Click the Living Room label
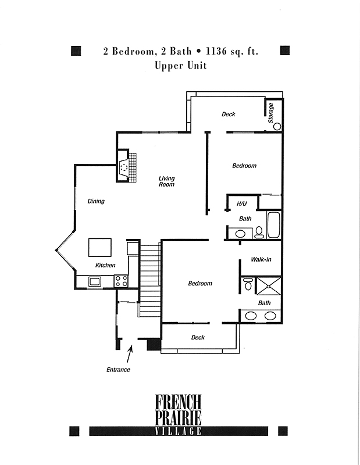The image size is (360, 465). click(166, 181)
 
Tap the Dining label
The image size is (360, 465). click(96, 201)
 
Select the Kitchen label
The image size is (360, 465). click(105, 265)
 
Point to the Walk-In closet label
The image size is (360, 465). click(261, 259)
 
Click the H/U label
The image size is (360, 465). click(242, 204)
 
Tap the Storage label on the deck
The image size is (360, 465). click(270, 113)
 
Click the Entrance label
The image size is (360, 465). click(118, 370)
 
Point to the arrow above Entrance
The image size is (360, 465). click(129, 354)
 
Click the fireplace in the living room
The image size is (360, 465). click(127, 166)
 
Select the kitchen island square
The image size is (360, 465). click(100, 248)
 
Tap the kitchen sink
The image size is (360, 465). click(94, 281)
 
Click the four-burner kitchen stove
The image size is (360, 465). click(121, 281)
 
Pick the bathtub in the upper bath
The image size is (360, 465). click(274, 225)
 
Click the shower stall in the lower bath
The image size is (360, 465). click(268, 287)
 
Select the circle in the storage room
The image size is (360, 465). click(277, 127)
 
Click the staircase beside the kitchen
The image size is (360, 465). click(150, 281)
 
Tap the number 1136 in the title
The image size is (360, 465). click(216, 52)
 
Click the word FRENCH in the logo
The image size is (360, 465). click(179, 402)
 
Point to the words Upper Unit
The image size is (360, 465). click(180, 66)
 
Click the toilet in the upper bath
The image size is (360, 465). click(259, 232)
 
